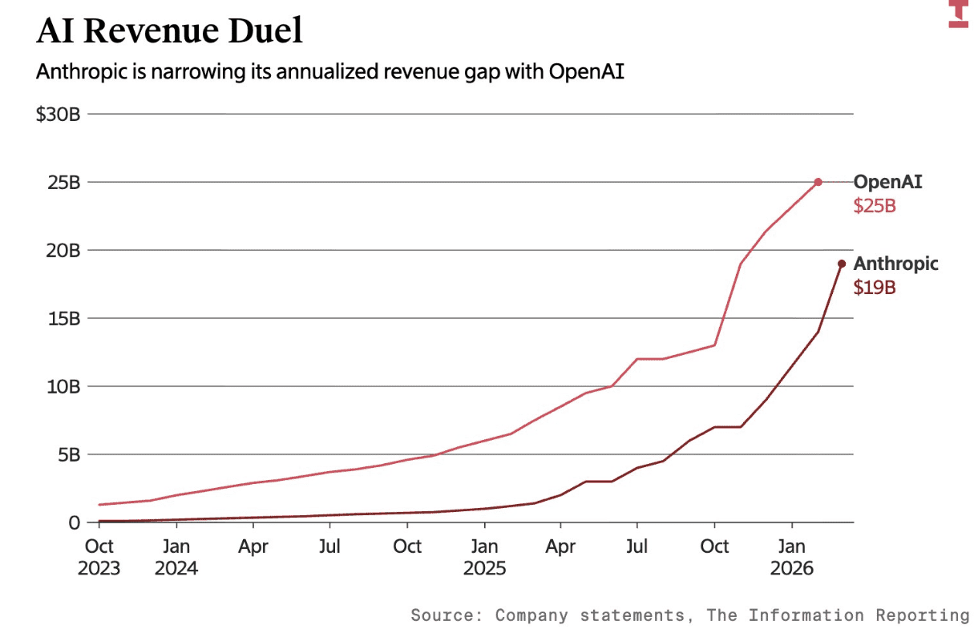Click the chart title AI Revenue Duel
(170, 31)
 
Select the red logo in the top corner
(959, 14)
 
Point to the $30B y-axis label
(58, 115)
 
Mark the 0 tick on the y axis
(74, 522)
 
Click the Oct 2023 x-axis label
(99, 557)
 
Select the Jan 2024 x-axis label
(176, 557)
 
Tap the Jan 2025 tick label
(484, 557)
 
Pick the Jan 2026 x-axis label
(792, 557)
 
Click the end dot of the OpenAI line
(818, 182)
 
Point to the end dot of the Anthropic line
(841, 264)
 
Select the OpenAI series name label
(887, 182)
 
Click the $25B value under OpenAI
(874, 206)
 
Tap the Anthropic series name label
(895, 264)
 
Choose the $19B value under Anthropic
(874, 288)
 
